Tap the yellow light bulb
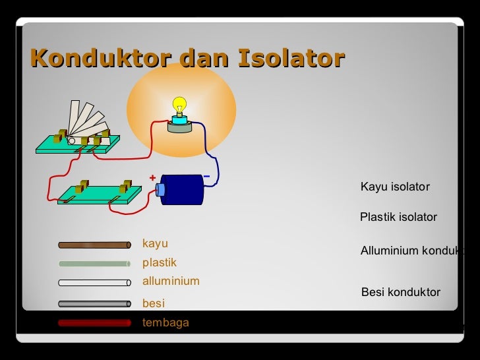click(179, 105)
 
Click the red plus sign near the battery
click(152, 178)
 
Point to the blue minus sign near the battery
click(206, 177)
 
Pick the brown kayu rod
click(94, 245)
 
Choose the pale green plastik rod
click(94, 264)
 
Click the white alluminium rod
click(94, 283)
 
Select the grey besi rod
click(94, 304)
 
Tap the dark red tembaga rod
click(94, 323)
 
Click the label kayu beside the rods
click(155, 244)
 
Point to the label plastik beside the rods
click(160, 262)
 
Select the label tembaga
click(165, 322)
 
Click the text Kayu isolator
click(395, 187)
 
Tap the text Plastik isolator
click(398, 217)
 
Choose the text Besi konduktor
click(401, 292)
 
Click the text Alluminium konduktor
click(412, 251)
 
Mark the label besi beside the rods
click(154, 303)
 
